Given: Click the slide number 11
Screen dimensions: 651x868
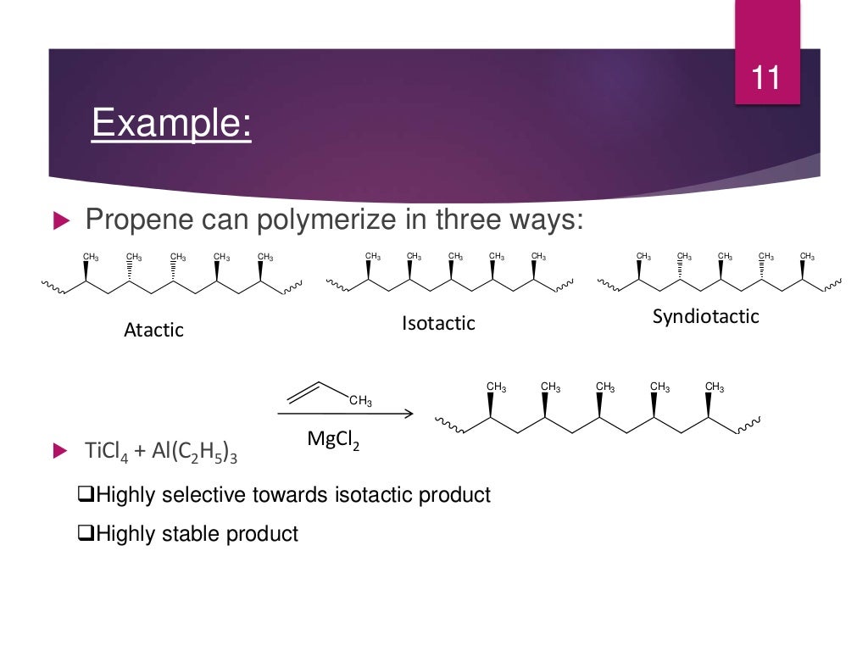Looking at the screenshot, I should tap(766, 78).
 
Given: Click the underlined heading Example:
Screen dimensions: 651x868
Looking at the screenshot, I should tap(171, 124).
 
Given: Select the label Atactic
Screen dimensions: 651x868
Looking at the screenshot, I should tap(153, 330).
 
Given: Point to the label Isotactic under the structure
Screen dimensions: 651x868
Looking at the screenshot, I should tap(438, 323).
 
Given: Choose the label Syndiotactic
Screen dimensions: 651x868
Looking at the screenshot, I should tap(705, 317).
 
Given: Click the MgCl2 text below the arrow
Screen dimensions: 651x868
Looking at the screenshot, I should tap(333, 441).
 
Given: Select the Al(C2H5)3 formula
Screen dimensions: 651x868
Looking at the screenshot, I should tap(194, 450).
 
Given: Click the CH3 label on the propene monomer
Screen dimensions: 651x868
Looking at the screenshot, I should tap(360, 401).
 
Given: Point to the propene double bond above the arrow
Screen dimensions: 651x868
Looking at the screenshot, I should tap(304, 391).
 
